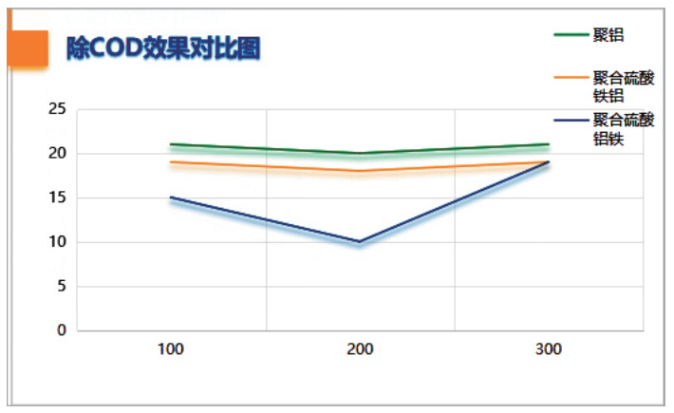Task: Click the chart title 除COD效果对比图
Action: coord(163,48)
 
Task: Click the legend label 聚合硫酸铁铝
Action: coord(623,86)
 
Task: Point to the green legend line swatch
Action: coord(571,34)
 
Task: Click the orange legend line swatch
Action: coord(571,77)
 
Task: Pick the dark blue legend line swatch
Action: coord(571,120)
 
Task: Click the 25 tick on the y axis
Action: coord(57,109)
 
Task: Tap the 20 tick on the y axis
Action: coord(57,154)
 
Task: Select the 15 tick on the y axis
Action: coord(57,197)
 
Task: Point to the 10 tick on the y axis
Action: coord(57,242)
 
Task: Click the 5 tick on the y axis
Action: coord(61,286)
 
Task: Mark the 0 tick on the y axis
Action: coord(61,330)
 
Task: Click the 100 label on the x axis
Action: coord(171,349)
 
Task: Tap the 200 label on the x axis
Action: coord(360,349)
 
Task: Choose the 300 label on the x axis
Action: coord(549,349)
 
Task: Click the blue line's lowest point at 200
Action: coord(360,241)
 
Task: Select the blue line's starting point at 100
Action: coord(171,197)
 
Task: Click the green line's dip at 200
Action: coord(360,153)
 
